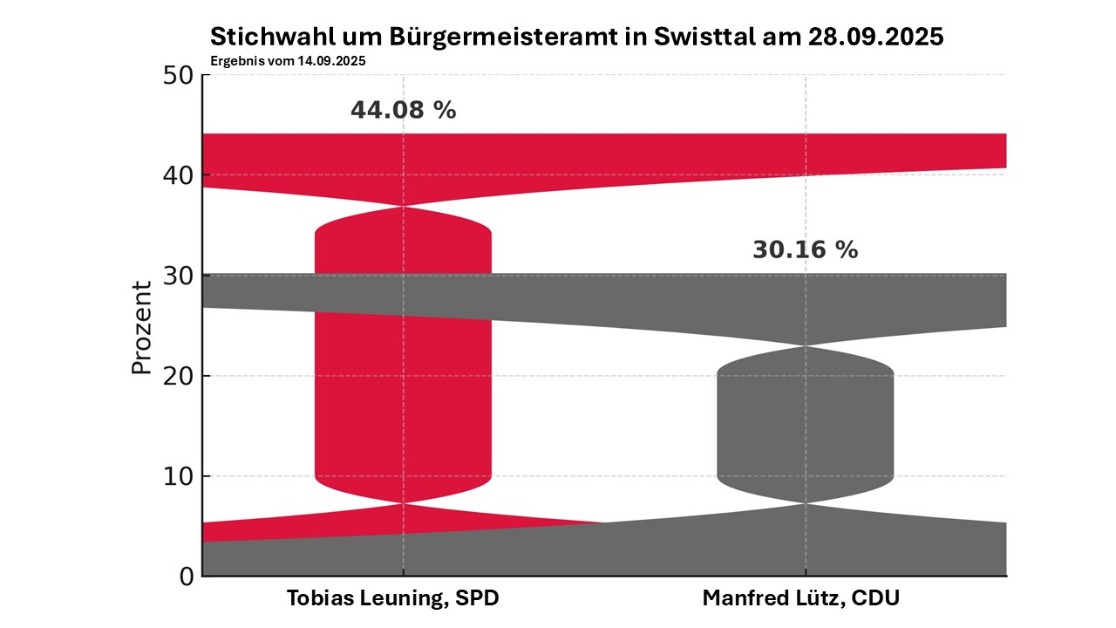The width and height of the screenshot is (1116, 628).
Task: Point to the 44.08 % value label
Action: point(403,111)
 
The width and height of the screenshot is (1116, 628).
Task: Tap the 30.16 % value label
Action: point(805,250)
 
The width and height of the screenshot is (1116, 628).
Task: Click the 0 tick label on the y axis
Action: point(186,577)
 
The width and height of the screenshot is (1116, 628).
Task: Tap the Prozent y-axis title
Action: point(141,327)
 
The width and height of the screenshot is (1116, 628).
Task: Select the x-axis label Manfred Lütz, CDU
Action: point(800,599)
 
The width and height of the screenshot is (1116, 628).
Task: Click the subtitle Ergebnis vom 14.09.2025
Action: point(287,61)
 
